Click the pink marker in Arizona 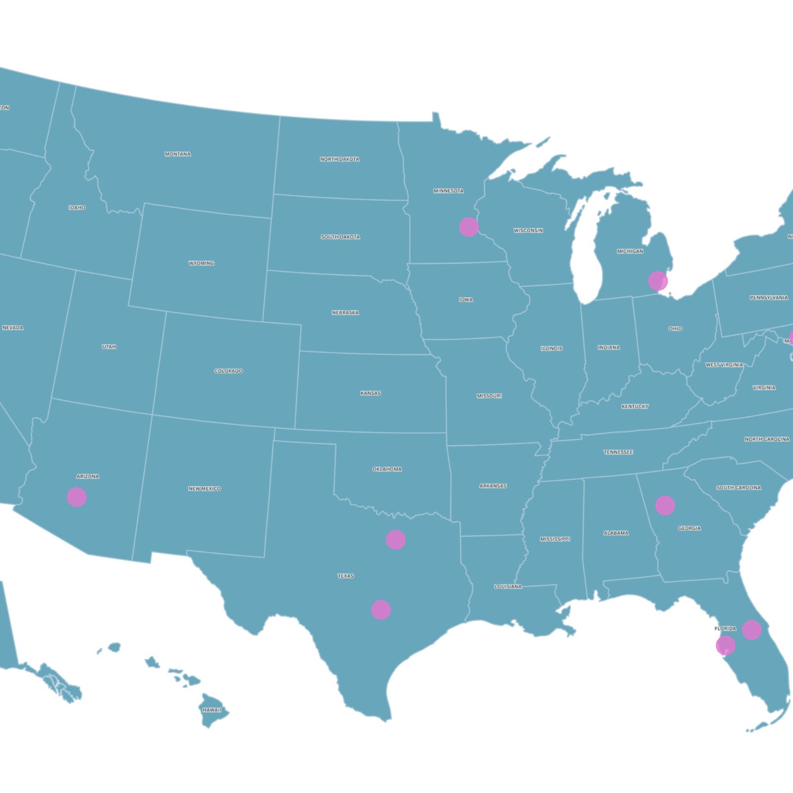point(77,497)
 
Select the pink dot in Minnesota point(468,227)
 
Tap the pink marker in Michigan point(657,281)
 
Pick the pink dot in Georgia point(665,506)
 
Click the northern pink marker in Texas point(396,539)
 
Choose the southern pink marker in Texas point(381,610)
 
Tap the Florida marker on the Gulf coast point(725,645)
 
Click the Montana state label point(177,154)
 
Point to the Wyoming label point(201,263)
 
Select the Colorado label point(228,371)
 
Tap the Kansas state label point(370,393)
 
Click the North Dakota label point(340,159)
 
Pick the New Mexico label point(204,489)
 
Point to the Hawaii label point(212,710)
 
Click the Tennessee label point(618,452)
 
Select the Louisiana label point(508,586)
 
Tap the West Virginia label point(724,365)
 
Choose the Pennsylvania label point(768,298)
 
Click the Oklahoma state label point(387,469)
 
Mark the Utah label point(109,347)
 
